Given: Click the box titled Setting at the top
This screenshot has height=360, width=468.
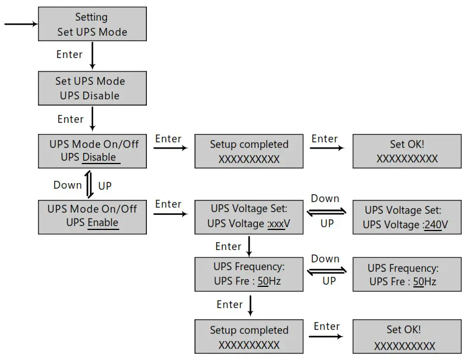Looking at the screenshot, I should click(x=92, y=24).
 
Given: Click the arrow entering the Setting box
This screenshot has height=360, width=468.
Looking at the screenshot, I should click(x=21, y=24).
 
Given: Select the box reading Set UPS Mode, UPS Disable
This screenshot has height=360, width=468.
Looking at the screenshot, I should click(x=92, y=88).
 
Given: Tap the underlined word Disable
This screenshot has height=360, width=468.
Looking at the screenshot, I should click(x=99, y=157).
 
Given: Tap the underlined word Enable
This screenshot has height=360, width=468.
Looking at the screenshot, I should click(x=103, y=222).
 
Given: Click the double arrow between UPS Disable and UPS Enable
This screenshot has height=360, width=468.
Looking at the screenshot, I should click(x=90, y=185).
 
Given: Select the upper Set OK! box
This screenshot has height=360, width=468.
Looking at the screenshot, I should click(x=407, y=151).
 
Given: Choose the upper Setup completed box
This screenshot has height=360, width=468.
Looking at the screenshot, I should click(x=249, y=151).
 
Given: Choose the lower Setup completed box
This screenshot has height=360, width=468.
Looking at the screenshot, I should click(x=249, y=337).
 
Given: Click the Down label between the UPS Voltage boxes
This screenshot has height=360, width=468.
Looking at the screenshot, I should click(x=325, y=199).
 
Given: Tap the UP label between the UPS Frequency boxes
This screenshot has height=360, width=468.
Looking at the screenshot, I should click(x=329, y=281).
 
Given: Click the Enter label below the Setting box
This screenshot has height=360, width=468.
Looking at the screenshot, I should click(x=69, y=55).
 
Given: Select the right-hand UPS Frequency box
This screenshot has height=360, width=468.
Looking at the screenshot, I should click(x=407, y=275).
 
